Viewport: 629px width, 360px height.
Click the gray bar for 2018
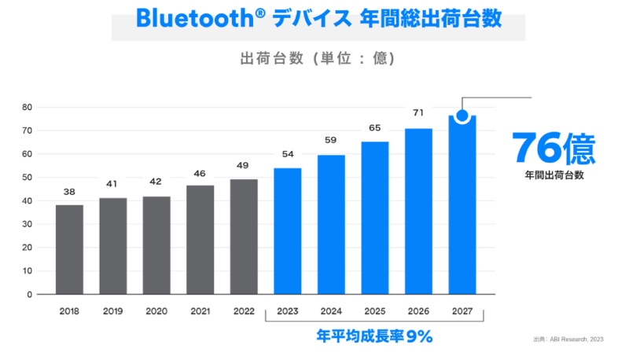click(69, 249)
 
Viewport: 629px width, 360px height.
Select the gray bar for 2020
click(156, 244)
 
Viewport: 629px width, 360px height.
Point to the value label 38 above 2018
click(69, 191)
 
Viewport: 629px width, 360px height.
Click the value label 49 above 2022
click(244, 165)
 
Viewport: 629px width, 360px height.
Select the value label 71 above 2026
click(418, 113)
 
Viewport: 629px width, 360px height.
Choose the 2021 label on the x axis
click(200, 310)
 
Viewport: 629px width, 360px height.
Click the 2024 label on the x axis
click(331, 310)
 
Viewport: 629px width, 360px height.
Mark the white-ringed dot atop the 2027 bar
click(462, 116)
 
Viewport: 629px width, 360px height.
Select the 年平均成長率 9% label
click(374, 336)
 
